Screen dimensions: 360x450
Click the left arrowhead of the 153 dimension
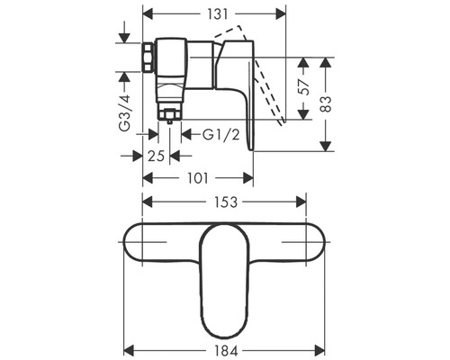[148, 203]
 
